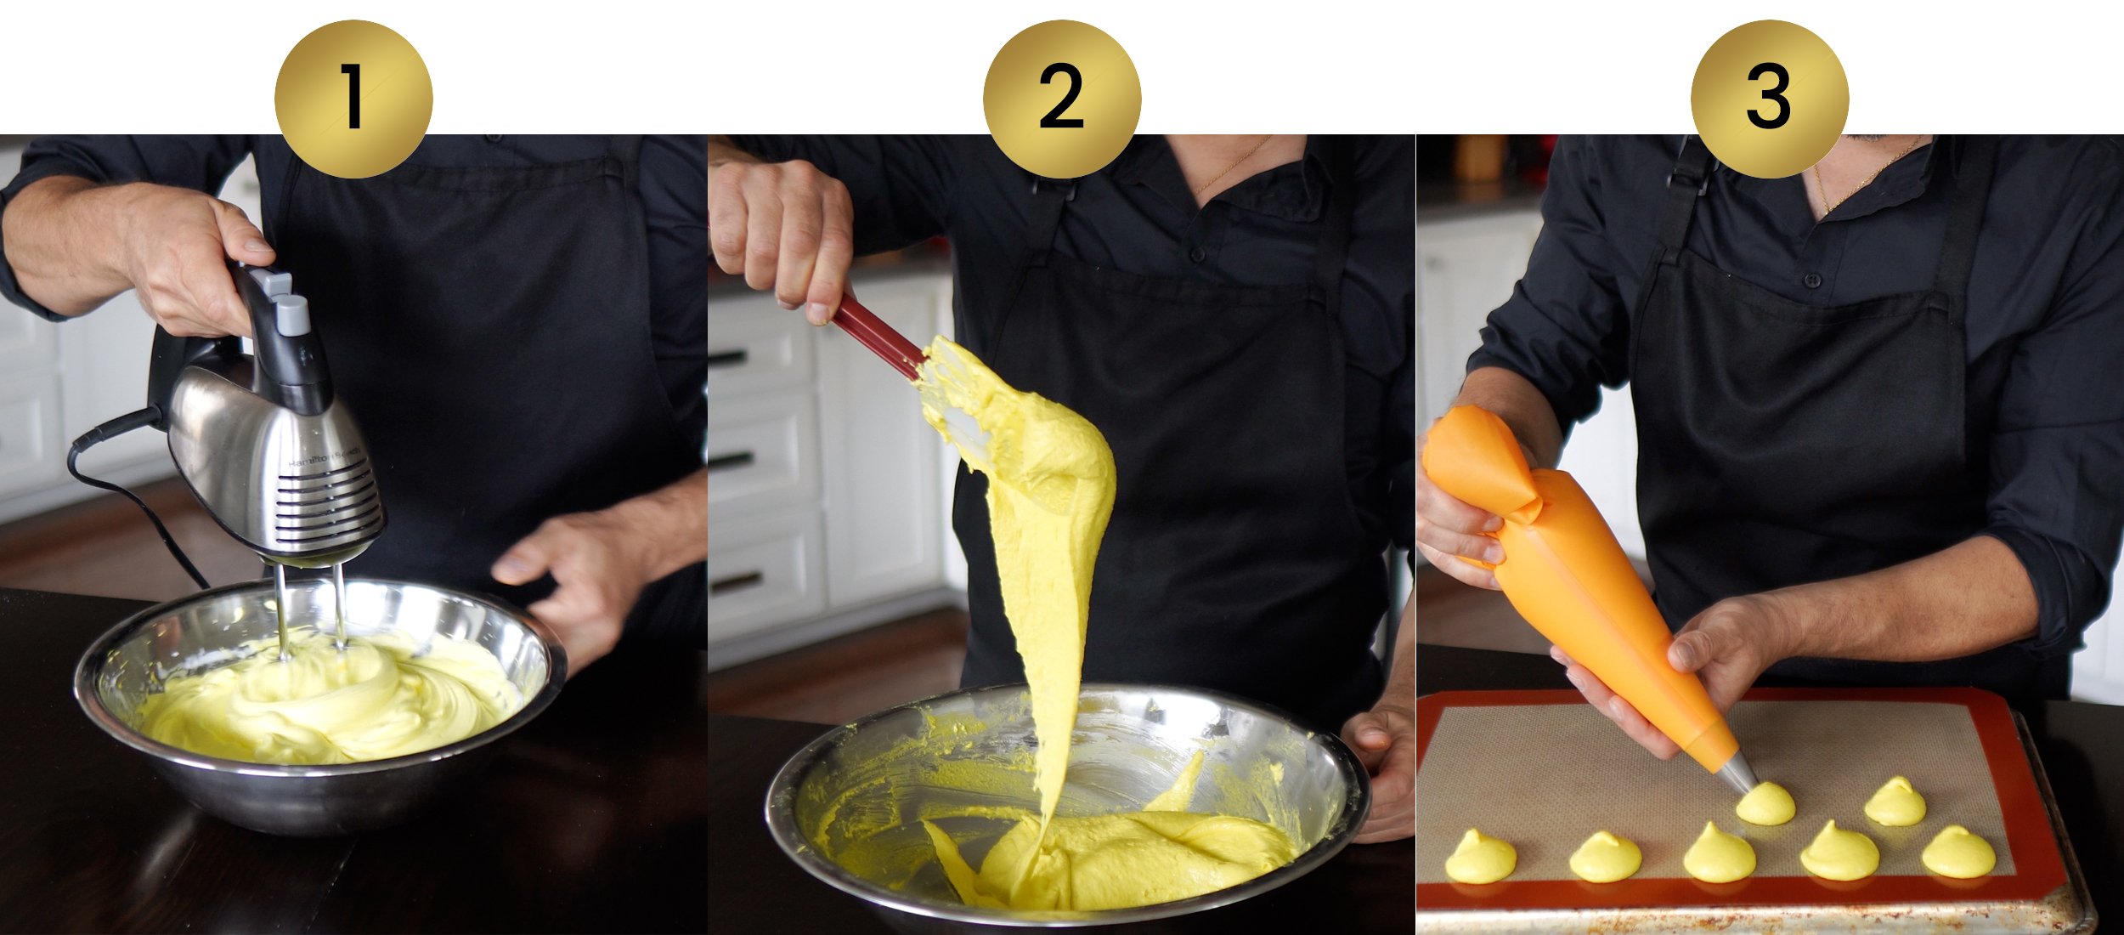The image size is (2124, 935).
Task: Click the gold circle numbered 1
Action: (x=353, y=99)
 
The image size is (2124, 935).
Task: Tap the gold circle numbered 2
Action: (x=1062, y=99)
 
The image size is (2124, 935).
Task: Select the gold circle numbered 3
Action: (x=1770, y=99)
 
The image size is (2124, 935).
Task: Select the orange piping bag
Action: (x=1572, y=578)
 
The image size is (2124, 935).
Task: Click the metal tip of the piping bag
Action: (x=1737, y=769)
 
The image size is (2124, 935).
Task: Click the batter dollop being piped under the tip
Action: (x=1765, y=803)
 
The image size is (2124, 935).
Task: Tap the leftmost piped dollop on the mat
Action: (x=1480, y=857)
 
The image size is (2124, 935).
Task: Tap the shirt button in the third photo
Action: (x=1812, y=280)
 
